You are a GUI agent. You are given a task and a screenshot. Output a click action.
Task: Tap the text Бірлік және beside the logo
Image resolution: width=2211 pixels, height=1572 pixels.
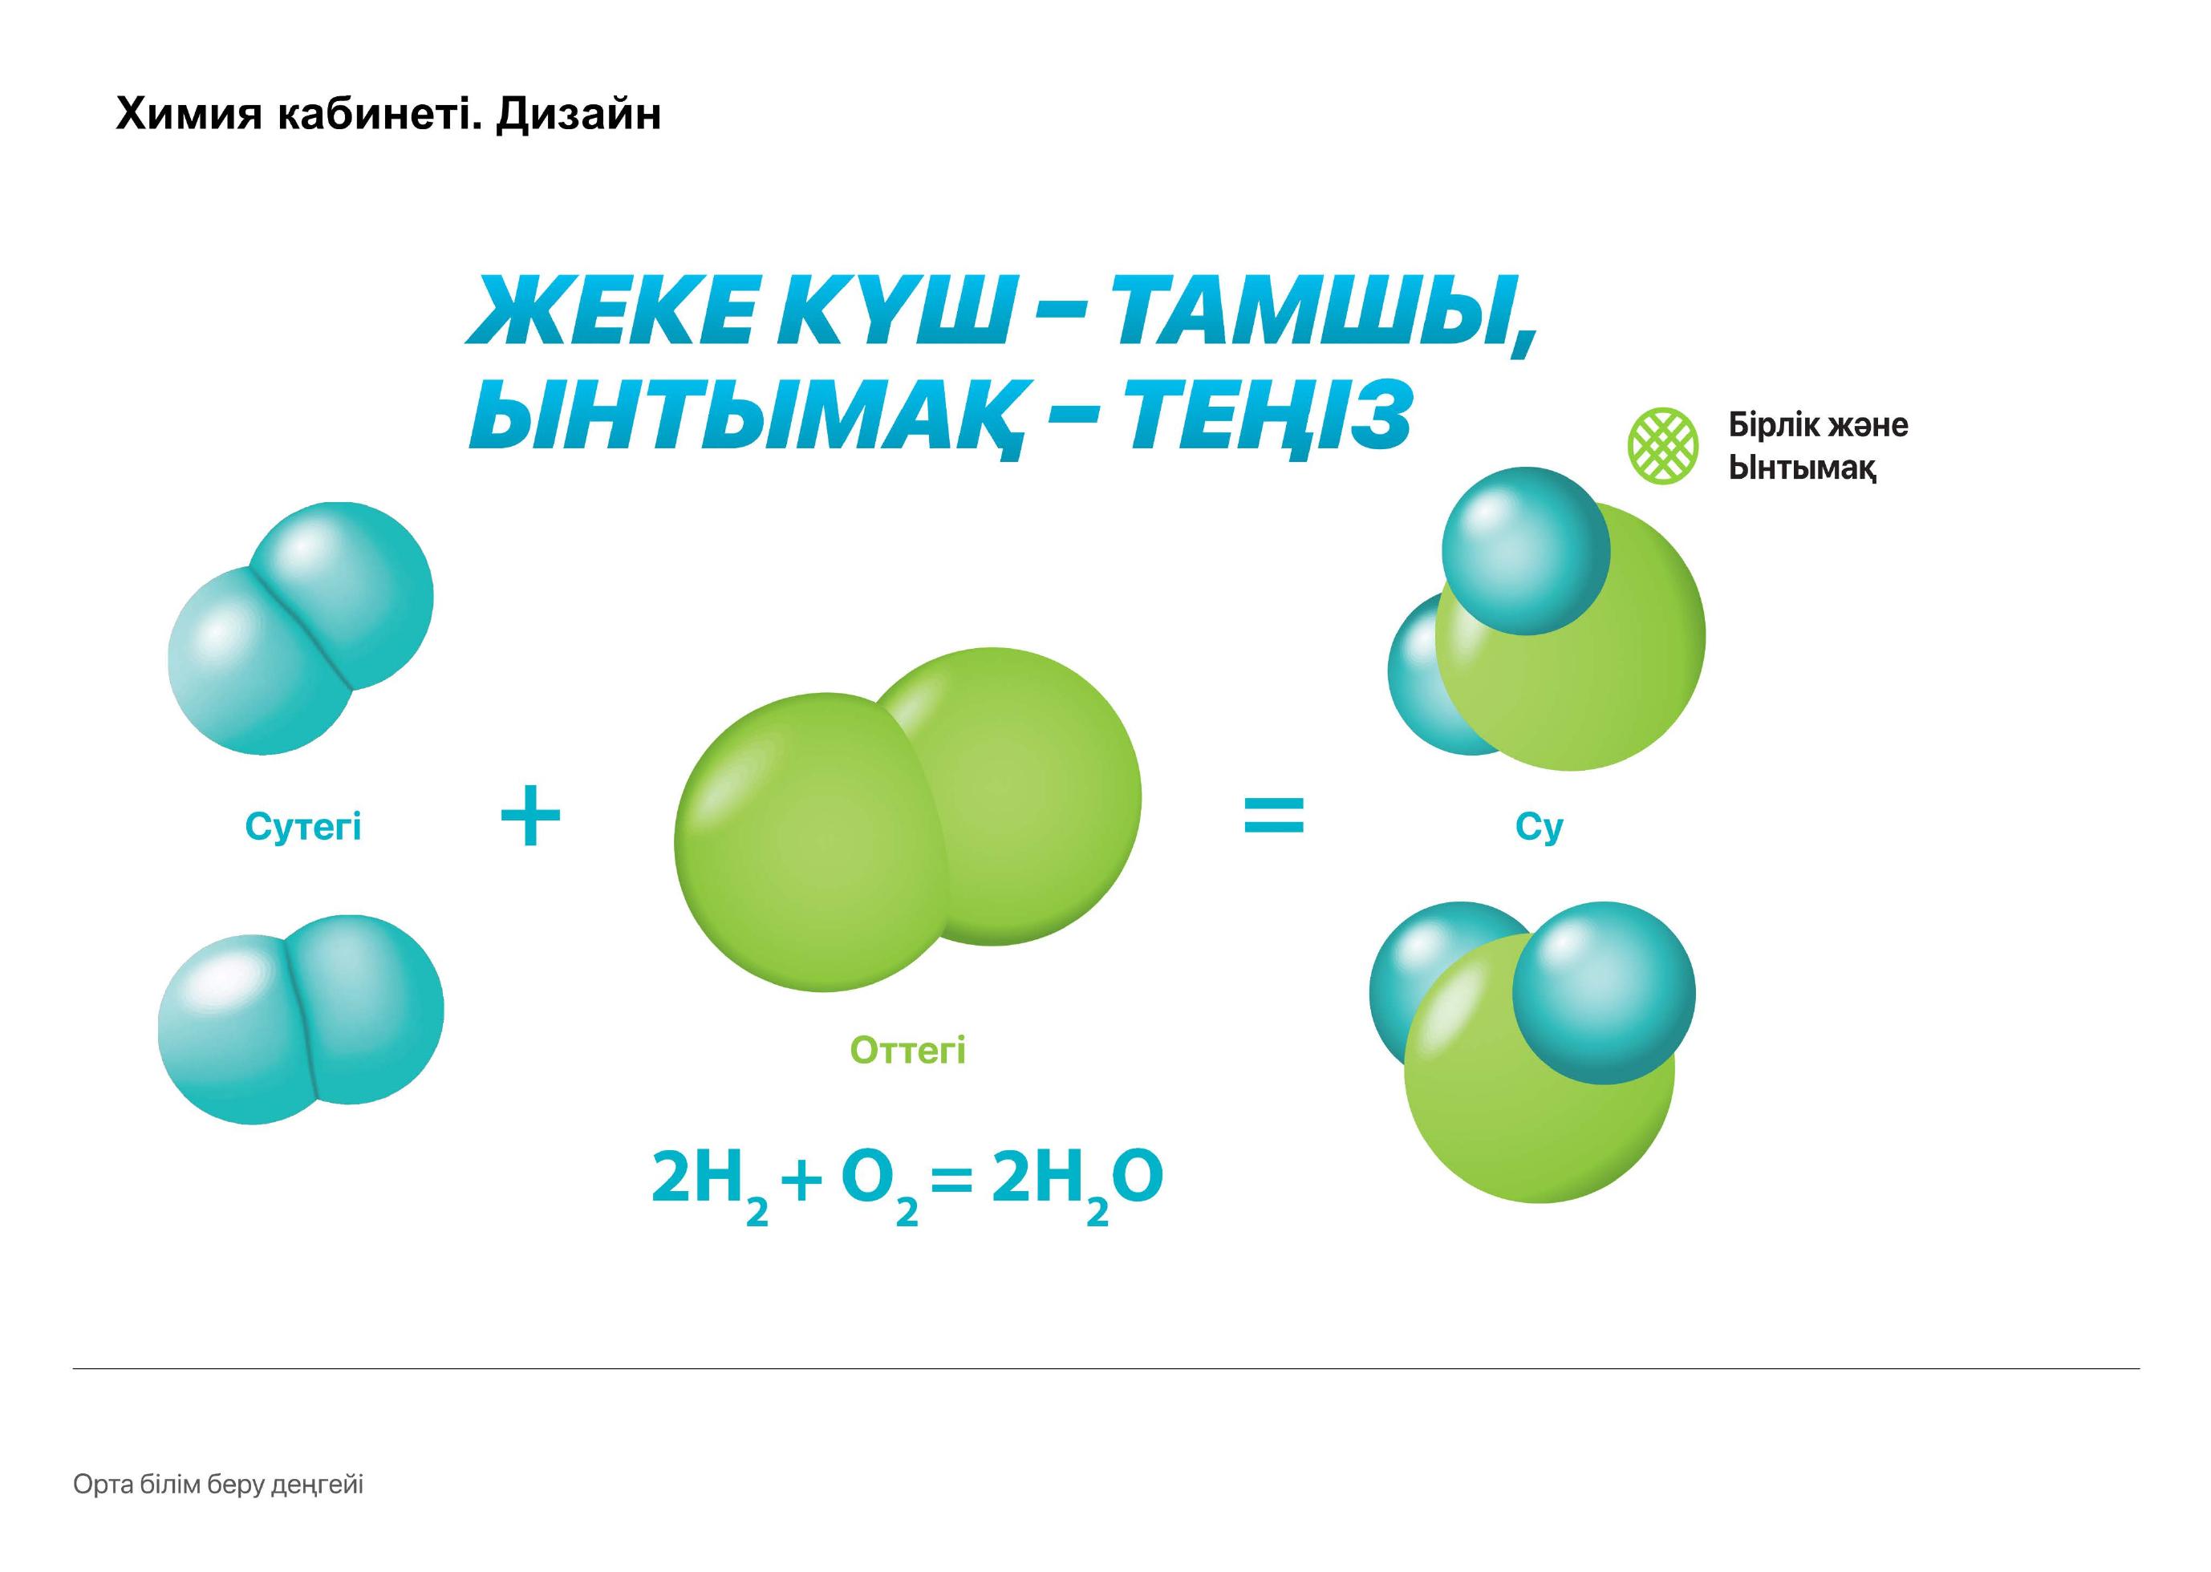point(1818,425)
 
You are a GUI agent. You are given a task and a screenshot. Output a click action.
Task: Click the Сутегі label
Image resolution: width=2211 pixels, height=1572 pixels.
point(303,827)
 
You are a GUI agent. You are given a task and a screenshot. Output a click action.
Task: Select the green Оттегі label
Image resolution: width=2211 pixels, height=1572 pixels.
point(908,1050)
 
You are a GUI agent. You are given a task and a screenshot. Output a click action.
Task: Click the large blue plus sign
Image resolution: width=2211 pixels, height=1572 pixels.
point(530,815)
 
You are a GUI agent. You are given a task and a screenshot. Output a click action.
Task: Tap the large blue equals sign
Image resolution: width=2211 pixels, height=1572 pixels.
point(1274,815)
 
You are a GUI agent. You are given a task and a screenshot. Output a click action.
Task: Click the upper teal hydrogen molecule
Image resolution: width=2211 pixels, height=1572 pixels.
point(300,628)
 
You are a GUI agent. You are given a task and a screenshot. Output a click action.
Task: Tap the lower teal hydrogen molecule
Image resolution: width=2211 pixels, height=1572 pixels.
point(301,1019)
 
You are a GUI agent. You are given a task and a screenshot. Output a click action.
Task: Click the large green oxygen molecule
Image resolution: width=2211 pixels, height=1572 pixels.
point(908,819)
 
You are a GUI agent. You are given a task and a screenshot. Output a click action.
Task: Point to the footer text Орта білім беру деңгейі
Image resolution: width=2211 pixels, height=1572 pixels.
point(219,1485)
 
